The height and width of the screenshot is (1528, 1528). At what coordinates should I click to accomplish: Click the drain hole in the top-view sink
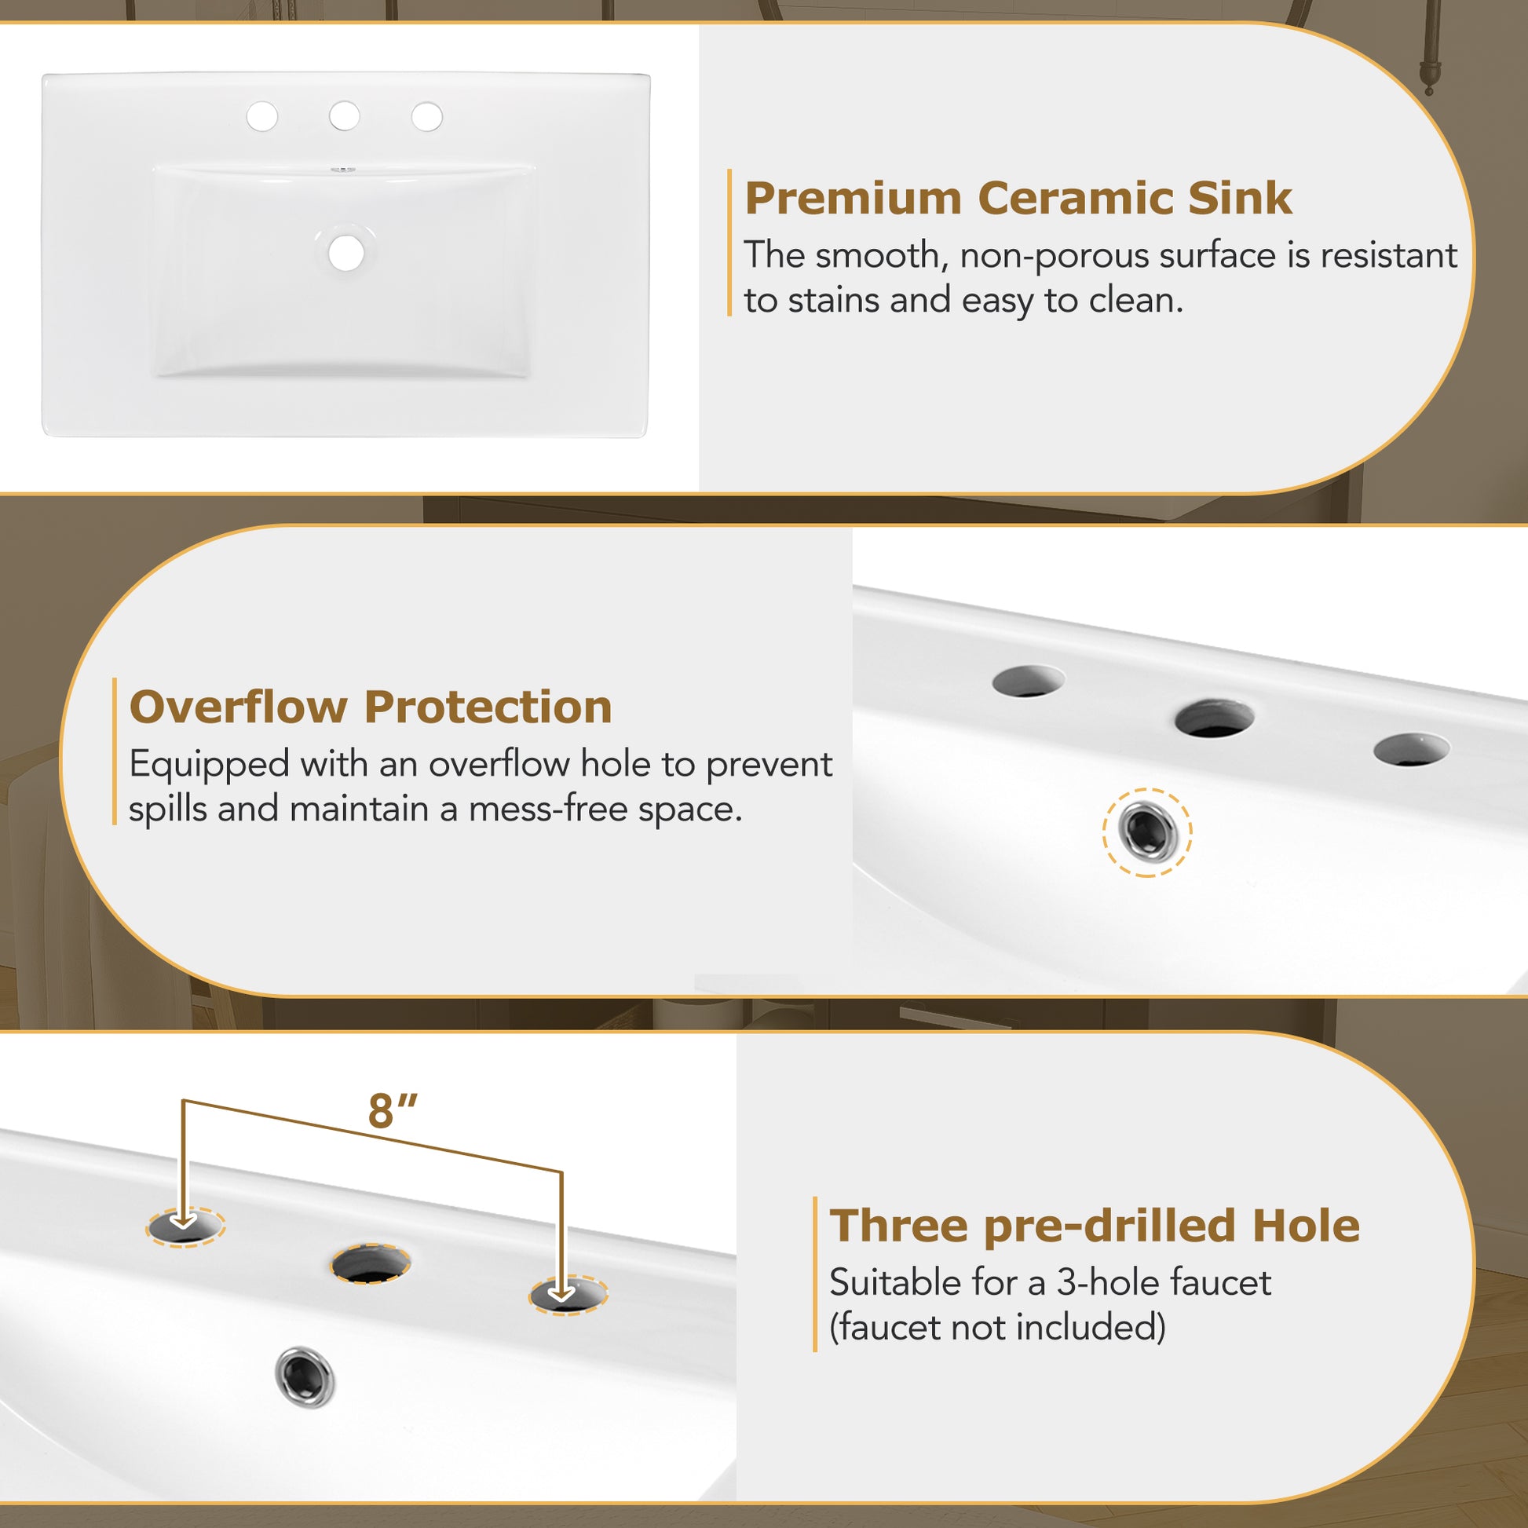tap(346, 253)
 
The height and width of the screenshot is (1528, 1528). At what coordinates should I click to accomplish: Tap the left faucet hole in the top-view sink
tap(261, 116)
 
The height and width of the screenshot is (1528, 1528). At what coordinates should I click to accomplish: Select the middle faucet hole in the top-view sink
tap(344, 116)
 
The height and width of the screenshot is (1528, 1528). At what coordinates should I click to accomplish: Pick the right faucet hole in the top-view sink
tap(427, 116)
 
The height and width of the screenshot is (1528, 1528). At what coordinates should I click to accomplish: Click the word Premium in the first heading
tap(853, 199)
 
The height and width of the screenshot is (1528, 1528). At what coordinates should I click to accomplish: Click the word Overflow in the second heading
tap(237, 706)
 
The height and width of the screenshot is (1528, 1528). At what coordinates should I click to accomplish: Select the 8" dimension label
tap(393, 1111)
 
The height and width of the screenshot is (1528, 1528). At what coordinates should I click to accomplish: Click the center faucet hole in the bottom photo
tap(370, 1264)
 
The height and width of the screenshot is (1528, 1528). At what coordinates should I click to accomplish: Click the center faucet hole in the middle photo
tap(1214, 718)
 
